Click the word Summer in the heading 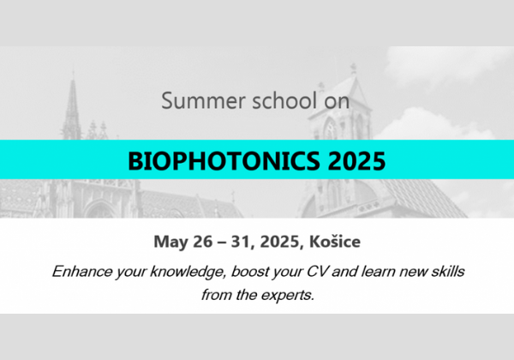pyautogui.click(x=203, y=100)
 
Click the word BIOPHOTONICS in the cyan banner pyautogui.click(x=224, y=161)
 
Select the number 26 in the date pyautogui.click(x=202, y=242)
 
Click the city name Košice pyautogui.click(x=335, y=242)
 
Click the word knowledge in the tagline pyautogui.click(x=188, y=272)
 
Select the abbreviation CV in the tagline pyautogui.click(x=316, y=272)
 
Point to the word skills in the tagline pyautogui.click(x=448, y=272)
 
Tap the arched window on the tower pyautogui.click(x=330, y=129)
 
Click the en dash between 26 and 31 pyautogui.click(x=222, y=243)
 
